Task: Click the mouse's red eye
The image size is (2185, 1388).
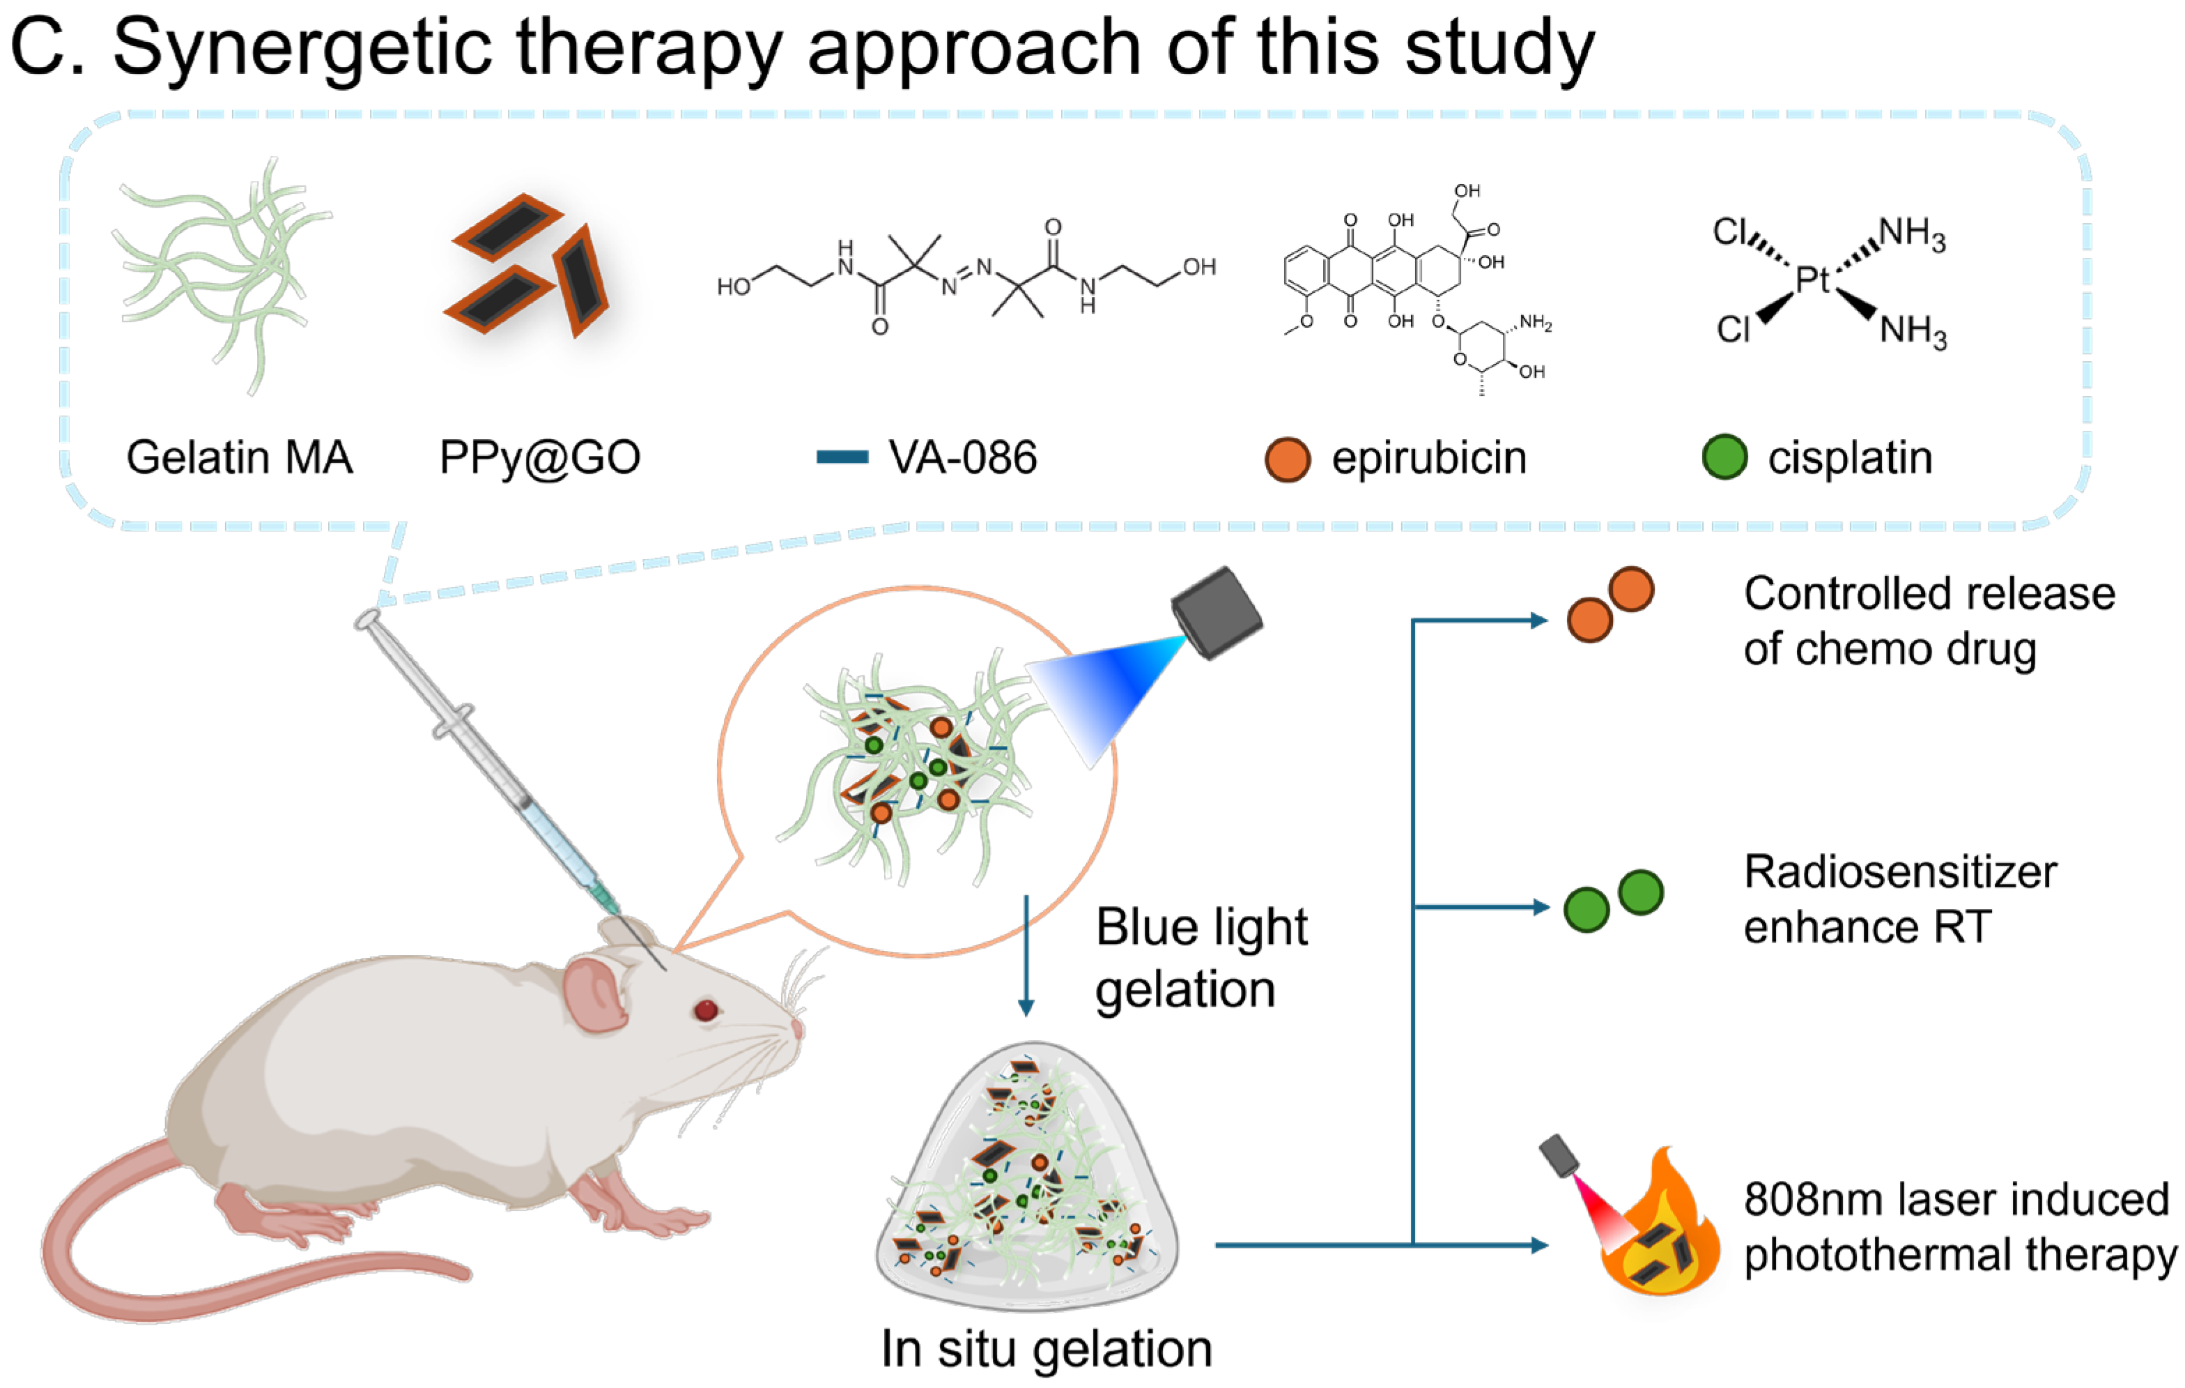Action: coord(706,1009)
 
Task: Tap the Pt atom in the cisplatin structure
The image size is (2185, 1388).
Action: coord(1812,280)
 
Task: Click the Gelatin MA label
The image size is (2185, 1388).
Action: coord(239,457)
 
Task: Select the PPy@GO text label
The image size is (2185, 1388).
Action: coord(540,457)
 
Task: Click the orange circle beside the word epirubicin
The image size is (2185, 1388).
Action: coord(1287,459)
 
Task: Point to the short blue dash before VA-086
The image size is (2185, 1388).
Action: coord(842,457)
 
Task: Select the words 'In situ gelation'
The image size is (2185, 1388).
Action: coord(1047,1349)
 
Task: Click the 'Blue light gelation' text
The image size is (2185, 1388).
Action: coord(1200,958)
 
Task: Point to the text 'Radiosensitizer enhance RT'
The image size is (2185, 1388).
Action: coord(1899,899)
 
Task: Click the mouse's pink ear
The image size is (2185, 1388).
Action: coord(594,995)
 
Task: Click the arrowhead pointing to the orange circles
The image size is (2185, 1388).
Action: coord(1539,621)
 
